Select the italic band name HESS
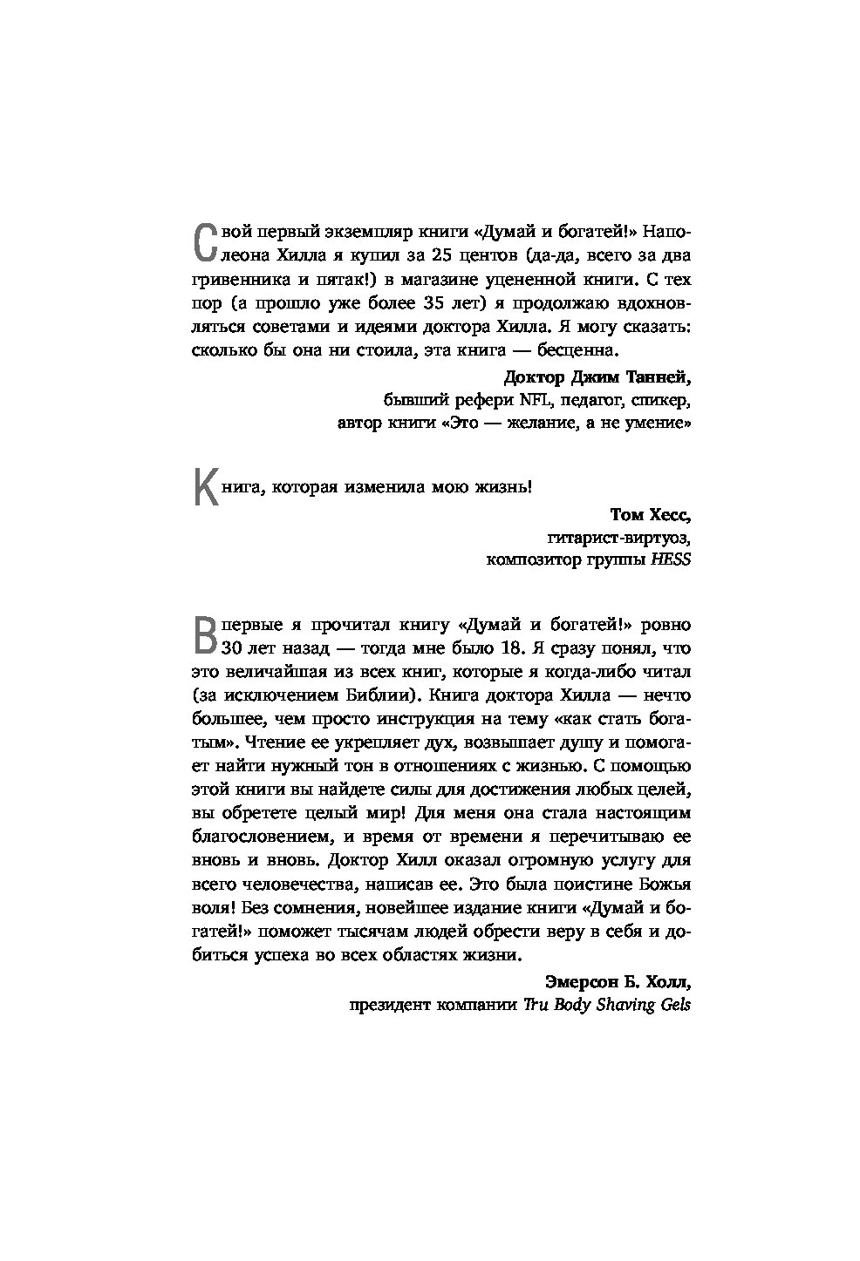(x=671, y=559)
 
